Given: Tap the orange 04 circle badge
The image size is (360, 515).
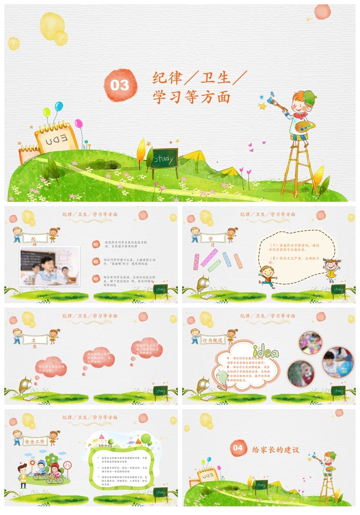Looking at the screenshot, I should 238,448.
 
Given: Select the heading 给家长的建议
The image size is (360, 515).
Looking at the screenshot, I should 275,449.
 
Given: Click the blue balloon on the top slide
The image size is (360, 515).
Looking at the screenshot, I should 59,106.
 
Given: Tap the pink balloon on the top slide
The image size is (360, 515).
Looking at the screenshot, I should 79,124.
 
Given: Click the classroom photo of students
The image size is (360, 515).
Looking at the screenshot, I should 49,266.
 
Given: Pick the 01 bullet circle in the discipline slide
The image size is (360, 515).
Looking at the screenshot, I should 96,245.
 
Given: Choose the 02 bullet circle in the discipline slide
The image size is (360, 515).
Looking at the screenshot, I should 96,261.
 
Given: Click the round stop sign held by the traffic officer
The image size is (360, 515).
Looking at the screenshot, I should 32,463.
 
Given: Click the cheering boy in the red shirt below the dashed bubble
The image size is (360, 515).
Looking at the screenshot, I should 267,276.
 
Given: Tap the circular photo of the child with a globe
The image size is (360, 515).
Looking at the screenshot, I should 338,362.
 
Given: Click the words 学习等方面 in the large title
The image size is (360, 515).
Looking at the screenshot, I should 191,97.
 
